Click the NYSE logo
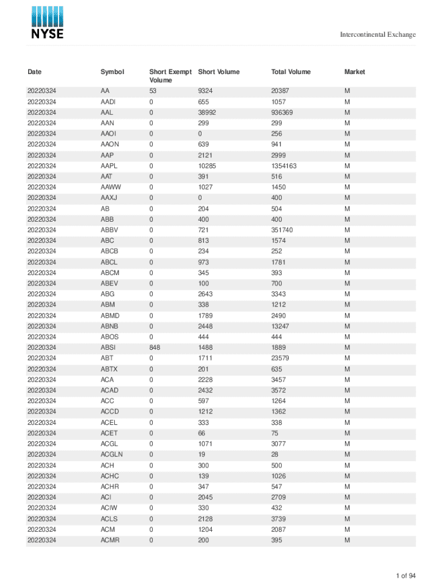[x=47, y=22]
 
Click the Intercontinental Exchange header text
[x=378, y=34]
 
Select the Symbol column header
[x=112, y=72]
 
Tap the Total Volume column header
[x=290, y=72]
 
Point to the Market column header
[x=354, y=72]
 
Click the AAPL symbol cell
[x=109, y=166]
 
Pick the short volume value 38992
[x=207, y=113]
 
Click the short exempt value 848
[x=154, y=347]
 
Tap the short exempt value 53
[x=153, y=91]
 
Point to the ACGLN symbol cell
[x=111, y=454]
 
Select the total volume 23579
[x=281, y=358]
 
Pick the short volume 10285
[x=207, y=166]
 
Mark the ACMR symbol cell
[x=110, y=540]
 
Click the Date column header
[x=34, y=72]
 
